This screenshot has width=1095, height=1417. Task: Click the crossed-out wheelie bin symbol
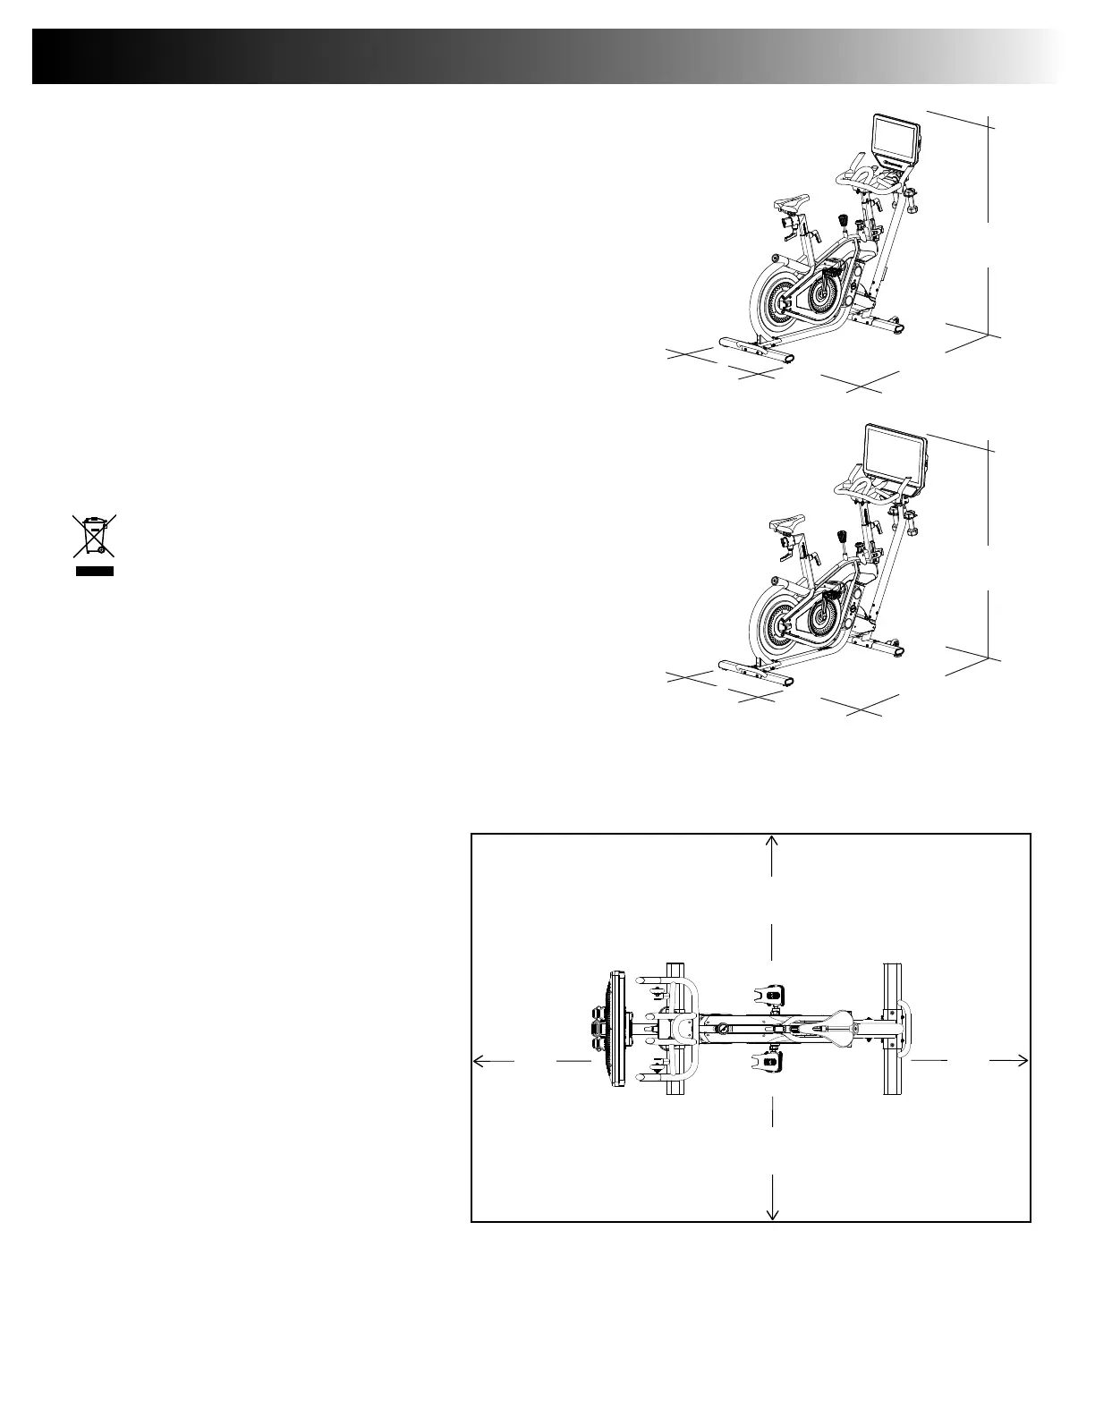coord(94,536)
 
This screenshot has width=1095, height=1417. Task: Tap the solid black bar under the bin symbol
coord(94,570)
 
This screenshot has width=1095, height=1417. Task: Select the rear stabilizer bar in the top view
coord(892,1029)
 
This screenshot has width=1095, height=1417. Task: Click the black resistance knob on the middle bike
coord(843,537)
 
